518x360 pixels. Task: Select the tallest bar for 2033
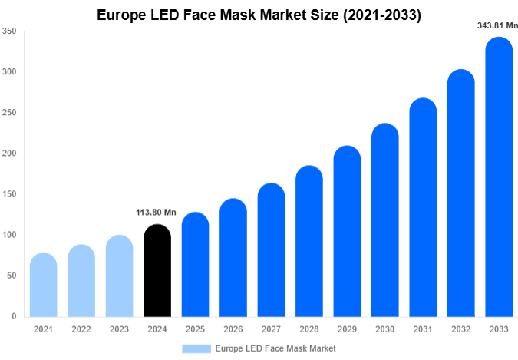[x=499, y=177]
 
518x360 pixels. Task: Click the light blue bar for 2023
[x=119, y=276]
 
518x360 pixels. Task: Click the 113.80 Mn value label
[x=157, y=213]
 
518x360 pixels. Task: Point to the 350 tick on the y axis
[x=9, y=31]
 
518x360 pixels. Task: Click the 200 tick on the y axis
[x=9, y=154]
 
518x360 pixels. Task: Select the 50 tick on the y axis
[x=12, y=276]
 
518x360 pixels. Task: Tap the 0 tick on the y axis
[x=14, y=316]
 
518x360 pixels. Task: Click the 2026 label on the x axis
[x=233, y=329]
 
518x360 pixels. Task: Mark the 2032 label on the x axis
[x=461, y=329]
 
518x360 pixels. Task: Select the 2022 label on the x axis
[x=81, y=329]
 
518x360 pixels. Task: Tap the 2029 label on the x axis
[x=347, y=329]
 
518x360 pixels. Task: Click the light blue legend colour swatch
[x=196, y=348]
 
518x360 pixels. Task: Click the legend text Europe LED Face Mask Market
[x=275, y=348]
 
